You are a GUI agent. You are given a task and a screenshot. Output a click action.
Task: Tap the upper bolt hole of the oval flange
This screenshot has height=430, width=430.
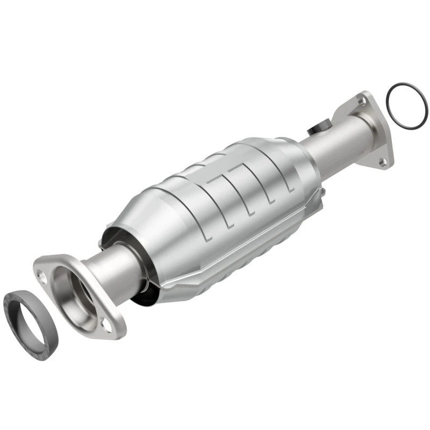pos(42,274)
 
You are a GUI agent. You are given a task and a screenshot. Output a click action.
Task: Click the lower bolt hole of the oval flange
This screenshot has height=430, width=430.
pos(108,324)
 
